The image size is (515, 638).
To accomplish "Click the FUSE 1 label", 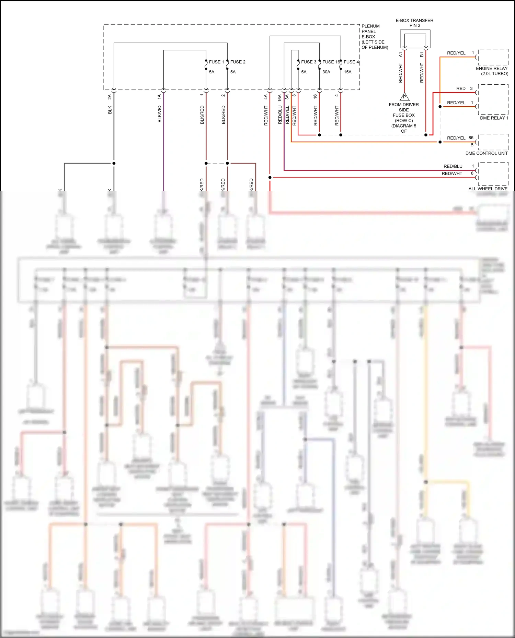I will coord(216,62).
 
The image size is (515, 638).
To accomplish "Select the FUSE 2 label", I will coord(238,62).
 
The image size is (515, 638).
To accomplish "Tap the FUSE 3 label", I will coord(309,62).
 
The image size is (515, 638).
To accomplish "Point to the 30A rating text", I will coord(326,72).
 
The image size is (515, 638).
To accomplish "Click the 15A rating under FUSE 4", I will coord(348,72).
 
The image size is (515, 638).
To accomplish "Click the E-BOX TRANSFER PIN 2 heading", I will coord(414,23).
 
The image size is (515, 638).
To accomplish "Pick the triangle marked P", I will coord(404,97).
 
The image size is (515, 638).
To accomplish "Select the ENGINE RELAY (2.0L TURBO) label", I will coord(492,71).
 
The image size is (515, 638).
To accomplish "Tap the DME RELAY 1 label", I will coord(494,118).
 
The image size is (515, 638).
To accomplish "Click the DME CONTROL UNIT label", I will coord(487,153).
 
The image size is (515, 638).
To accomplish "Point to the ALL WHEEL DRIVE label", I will coord(488,189).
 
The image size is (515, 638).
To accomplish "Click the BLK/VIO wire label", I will coord(160,114).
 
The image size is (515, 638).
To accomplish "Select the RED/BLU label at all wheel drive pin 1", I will coord(453,166).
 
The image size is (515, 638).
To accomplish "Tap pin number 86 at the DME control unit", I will coord(471,138).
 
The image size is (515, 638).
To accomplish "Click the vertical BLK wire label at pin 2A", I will coord(110,110).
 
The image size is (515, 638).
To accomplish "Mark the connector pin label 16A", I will coord(279,98).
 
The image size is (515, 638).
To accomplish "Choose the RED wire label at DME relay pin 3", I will coord(461,88).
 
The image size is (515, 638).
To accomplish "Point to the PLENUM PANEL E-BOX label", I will coord(374,37).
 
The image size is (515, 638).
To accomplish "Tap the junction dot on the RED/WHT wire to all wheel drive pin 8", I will coord(270,177).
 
